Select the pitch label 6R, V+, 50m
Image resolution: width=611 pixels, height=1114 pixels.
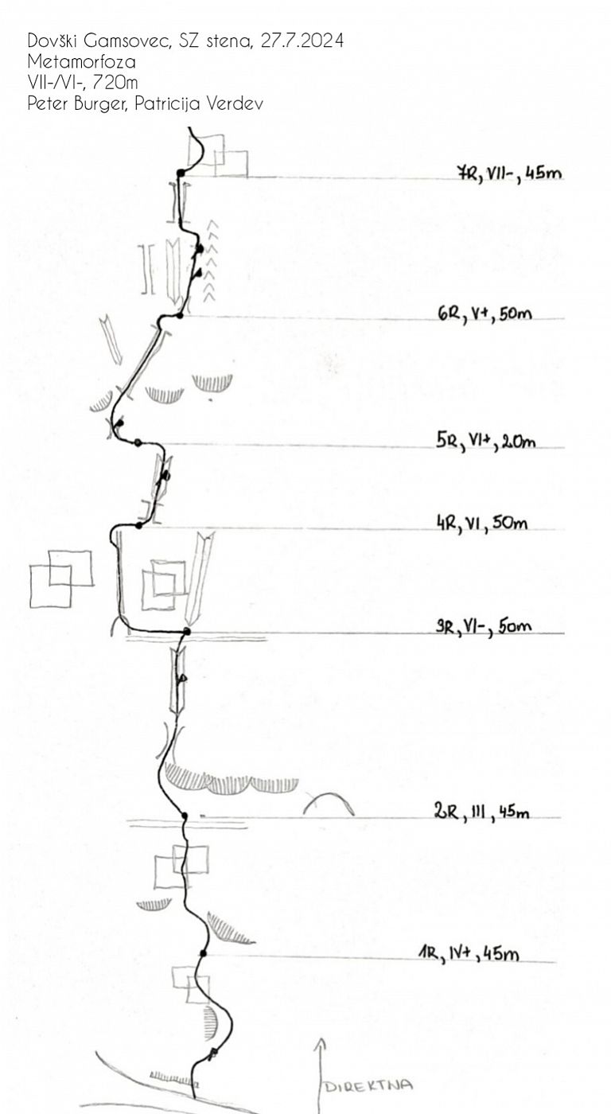(x=485, y=314)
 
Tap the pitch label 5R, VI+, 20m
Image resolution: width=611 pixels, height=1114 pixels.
(x=486, y=441)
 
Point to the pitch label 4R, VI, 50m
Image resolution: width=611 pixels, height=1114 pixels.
(x=482, y=524)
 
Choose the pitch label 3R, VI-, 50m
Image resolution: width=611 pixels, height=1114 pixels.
(x=483, y=626)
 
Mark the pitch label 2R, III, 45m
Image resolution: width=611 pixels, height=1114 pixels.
(x=481, y=812)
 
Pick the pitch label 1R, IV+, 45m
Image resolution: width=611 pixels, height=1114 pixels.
(x=469, y=953)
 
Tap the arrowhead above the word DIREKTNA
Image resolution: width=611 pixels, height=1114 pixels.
(x=321, y=1042)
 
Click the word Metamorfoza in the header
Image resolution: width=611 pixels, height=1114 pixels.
(x=81, y=62)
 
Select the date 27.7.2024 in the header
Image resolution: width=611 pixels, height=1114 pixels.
(x=302, y=41)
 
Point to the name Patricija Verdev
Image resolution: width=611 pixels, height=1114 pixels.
(x=199, y=103)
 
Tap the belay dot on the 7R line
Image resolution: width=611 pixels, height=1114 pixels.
(x=181, y=173)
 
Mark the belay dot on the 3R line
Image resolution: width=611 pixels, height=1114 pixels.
(x=187, y=632)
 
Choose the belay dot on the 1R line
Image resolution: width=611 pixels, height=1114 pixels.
(x=203, y=953)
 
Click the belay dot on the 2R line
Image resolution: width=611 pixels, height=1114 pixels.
(x=185, y=816)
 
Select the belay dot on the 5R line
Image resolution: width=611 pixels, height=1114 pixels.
(x=138, y=442)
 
